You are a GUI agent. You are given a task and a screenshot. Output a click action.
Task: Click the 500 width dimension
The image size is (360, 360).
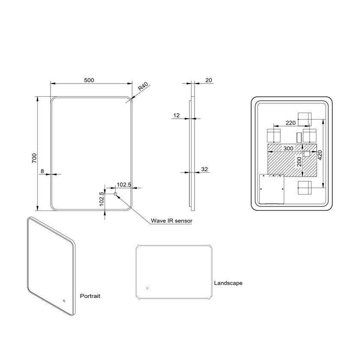89,80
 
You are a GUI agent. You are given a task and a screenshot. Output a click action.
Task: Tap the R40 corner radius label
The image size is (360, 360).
143,88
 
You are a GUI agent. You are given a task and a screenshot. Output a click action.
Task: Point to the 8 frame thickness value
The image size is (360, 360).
42,171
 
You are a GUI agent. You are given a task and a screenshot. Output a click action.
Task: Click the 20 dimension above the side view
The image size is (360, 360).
209,80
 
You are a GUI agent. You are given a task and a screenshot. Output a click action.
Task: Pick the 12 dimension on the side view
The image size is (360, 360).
176,115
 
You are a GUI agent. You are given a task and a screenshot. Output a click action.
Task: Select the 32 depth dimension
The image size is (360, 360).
204,169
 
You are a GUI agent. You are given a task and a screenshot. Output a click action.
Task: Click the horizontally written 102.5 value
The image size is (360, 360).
123,185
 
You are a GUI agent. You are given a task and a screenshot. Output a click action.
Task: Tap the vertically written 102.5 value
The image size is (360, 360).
102,199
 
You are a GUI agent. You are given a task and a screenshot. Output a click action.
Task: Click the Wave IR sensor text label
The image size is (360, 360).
171,221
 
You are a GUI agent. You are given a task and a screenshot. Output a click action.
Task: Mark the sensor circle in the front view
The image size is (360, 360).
115,195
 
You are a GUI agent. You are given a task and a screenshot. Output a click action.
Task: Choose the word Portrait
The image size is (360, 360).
90,296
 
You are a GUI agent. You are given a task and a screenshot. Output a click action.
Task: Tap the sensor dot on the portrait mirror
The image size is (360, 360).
64,301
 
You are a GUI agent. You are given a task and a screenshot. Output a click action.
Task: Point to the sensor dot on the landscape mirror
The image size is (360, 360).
147,288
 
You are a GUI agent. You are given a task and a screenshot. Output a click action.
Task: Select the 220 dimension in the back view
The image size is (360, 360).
291,123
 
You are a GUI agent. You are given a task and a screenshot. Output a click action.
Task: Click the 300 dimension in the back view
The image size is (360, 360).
288,148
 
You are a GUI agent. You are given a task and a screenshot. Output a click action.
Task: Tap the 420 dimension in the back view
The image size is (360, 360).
319,155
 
